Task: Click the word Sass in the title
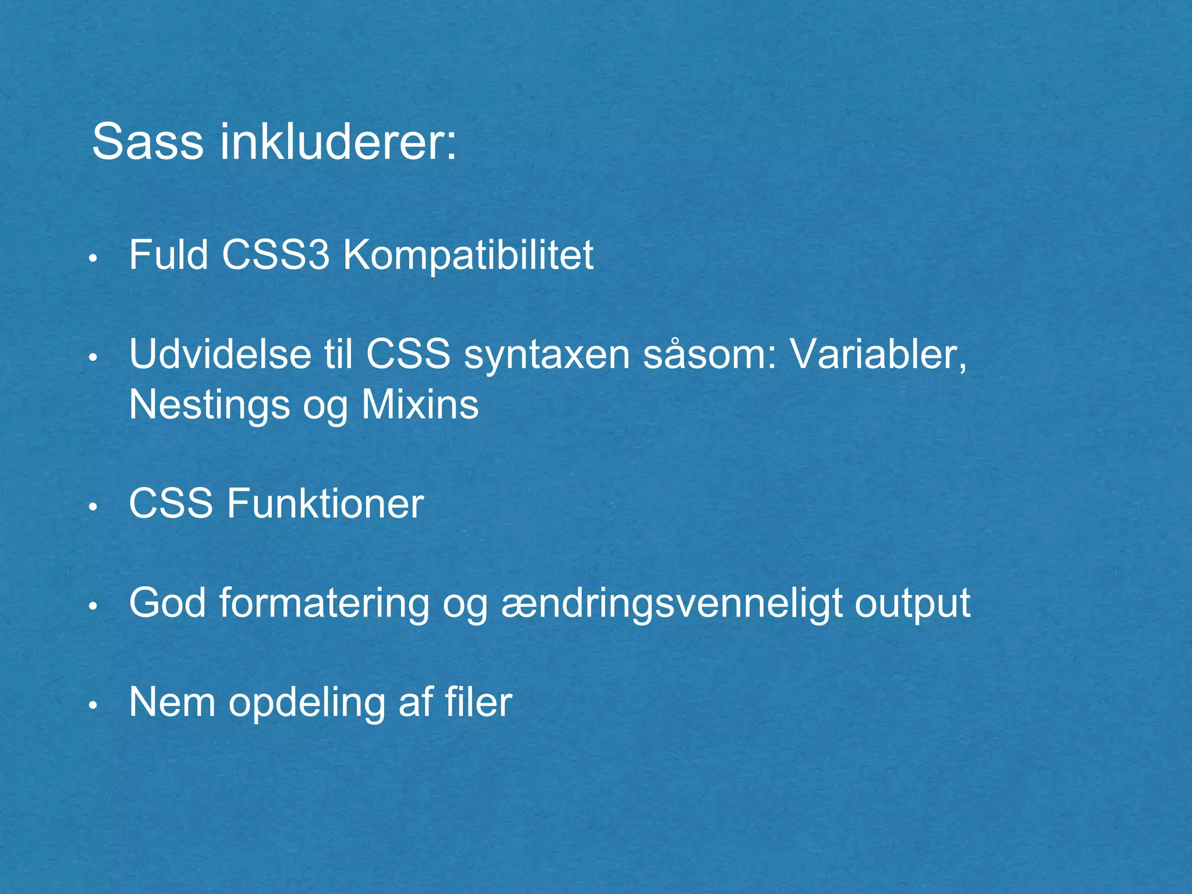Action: click(x=147, y=142)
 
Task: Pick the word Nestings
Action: click(x=209, y=405)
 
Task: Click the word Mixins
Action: click(x=420, y=405)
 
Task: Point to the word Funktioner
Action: click(x=325, y=503)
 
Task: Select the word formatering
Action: click(x=324, y=603)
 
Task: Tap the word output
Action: click(x=912, y=603)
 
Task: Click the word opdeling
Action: click(x=307, y=702)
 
